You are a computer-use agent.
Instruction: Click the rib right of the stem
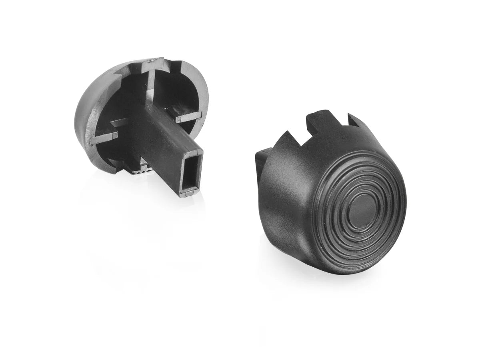(x=188, y=117)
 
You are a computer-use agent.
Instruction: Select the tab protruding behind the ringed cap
(x=261, y=160)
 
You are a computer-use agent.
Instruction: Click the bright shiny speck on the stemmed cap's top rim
(x=151, y=60)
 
